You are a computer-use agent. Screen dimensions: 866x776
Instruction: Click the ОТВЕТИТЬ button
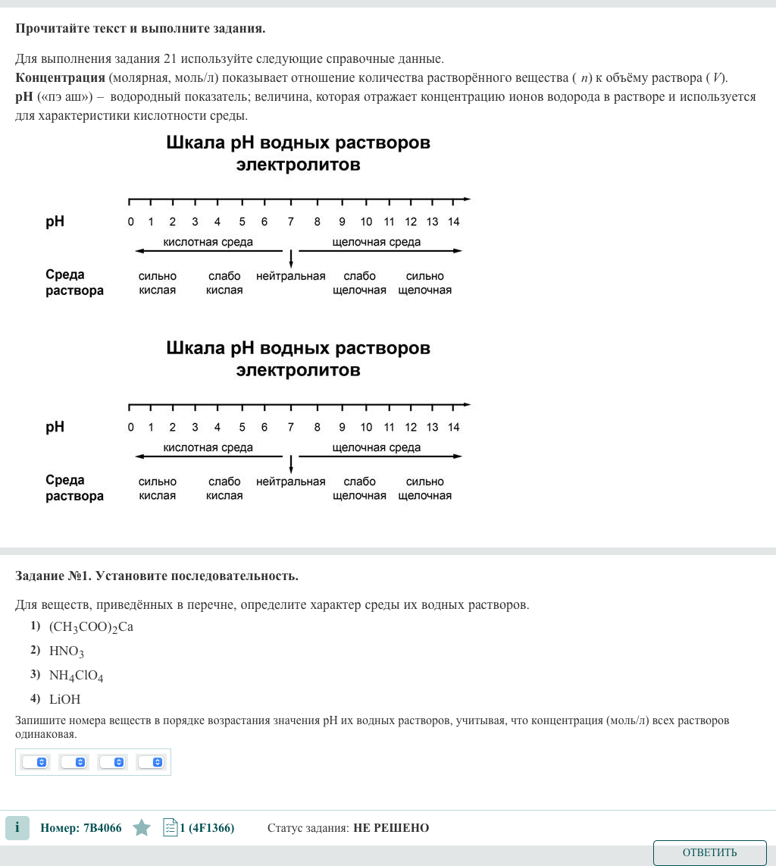pyautogui.click(x=709, y=852)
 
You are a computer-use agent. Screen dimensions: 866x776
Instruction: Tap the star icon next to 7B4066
pyautogui.click(x=142, y=828)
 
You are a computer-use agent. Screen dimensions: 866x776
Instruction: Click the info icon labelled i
pyautogui.click(x=17, y=828)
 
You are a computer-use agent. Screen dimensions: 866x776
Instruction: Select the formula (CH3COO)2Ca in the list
pyautogui.click(x=91, y=627)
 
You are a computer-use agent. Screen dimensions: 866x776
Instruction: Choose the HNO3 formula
pyautogui.click(x=67, y=651)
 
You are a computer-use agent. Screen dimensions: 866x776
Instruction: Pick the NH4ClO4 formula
pyautogui.click(x=76, y=676)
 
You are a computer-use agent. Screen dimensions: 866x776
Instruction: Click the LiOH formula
pyautogui.click(x=64, y=699)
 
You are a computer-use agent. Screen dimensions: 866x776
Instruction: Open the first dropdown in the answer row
pyautogui.click(x=36, y=762)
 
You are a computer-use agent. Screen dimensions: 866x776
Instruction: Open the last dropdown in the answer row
pyautogui.click(x=152, y=762)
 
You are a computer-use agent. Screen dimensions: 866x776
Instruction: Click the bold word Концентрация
pyautogui.click(x=60, y=78)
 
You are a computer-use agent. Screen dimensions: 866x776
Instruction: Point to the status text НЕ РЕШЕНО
pyautogui.click(x=391, y=828)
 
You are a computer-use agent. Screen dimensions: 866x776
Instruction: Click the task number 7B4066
pyautogui.click(x=81, y=828)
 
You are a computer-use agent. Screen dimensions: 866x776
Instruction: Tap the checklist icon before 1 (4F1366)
pyautogui.click(x=170, y=827)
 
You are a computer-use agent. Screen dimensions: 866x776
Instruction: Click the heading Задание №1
pyautogui.click(x=53, y=576)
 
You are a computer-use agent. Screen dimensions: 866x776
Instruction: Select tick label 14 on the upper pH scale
pyautogui.click(x=453, y=222)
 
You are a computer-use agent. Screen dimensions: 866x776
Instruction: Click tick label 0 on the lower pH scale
pyautogui.click(x=130, y=428)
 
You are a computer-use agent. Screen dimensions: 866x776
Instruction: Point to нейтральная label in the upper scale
pyautogui.click(x=291, y=277)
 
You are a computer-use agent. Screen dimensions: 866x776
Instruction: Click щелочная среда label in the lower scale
pyautogui.click(x=377, y=448)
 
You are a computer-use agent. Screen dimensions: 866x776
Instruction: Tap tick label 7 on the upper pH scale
pyautogui.click(x=290, y=222)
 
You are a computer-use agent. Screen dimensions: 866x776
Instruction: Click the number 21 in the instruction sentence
pyautogui.click(x=170, y=59)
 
